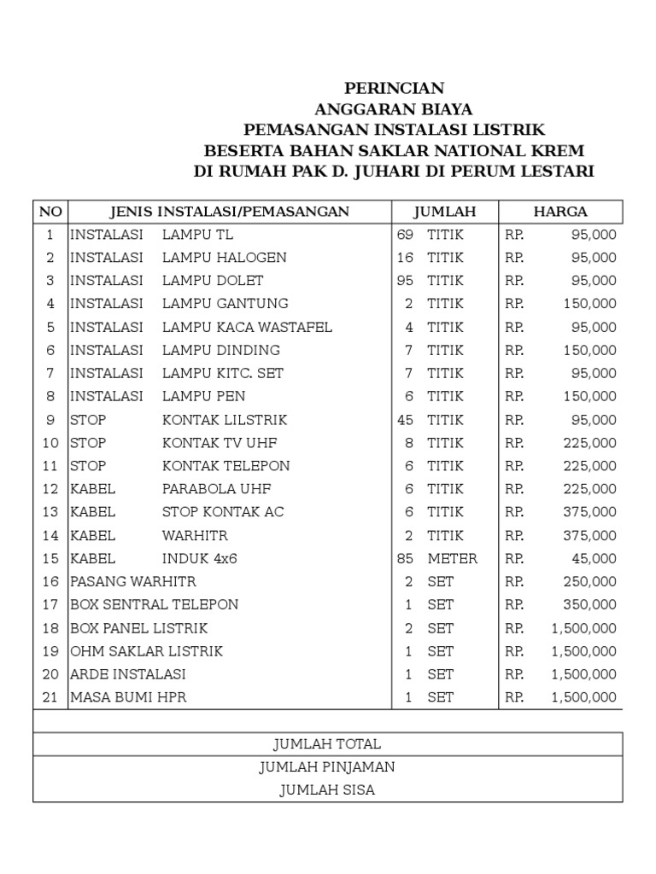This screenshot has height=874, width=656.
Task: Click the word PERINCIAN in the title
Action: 394,89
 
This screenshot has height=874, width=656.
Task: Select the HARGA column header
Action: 560,212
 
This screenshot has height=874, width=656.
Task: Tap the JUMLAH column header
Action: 444,212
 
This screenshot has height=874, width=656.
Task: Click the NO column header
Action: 50,212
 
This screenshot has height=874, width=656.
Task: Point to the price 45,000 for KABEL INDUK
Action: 594,559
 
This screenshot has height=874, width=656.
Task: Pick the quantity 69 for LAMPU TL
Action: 405,235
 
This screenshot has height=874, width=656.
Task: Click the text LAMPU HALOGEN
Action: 225,258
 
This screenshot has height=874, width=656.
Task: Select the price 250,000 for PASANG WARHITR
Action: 589,582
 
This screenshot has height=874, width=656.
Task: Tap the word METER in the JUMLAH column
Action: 453,559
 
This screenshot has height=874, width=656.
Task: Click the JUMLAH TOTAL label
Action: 327,744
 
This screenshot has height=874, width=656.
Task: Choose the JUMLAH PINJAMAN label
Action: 327,767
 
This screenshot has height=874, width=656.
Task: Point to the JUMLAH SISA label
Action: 327,790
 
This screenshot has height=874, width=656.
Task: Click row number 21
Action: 50,697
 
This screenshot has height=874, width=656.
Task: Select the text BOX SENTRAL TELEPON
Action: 154,605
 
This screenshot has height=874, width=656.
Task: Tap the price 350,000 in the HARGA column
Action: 589,605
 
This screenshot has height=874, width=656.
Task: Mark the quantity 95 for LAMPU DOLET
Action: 405,281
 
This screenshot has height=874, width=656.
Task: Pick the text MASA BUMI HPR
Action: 128,697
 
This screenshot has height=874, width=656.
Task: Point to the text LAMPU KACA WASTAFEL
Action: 247,328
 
